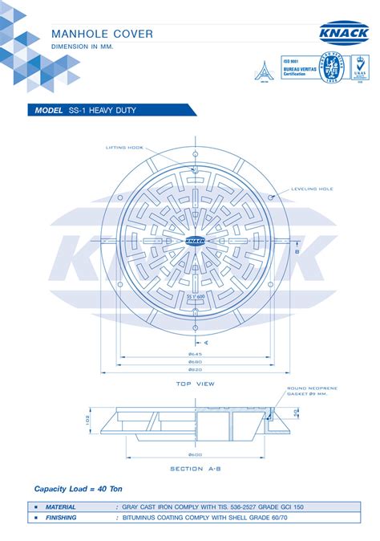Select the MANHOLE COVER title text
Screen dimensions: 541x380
click(x=102, y=34)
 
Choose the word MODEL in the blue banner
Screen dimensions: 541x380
click(x=48, y=110)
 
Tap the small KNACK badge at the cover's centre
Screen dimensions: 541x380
click(x=196, y=240)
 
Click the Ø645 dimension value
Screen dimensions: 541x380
click(x=196, y=353)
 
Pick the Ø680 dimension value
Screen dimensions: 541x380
click(x=196, y=361)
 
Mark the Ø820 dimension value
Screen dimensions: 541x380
click(x=196, y=369)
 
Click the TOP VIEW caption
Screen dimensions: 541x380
click(x=196, y=384)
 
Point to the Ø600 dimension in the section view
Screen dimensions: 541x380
click(x=196, y=454)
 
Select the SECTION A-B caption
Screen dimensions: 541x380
click(x=196, y=469)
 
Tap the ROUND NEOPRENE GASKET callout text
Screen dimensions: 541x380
click(x=312, y=391)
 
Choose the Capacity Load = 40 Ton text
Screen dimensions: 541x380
click(x=78, y=489)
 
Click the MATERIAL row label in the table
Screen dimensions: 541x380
click(x=60, y=507)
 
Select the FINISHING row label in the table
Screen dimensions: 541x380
click(x=61, y=518)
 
